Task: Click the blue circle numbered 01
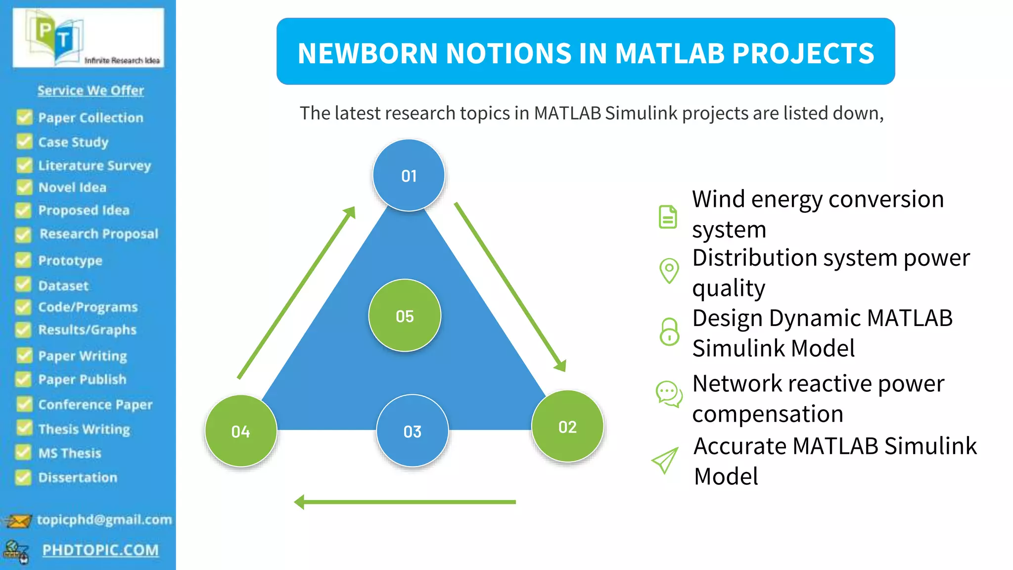click(x=409, y=175)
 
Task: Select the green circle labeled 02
click(x=567, y=427)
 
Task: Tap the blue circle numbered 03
click(x=412, y=431)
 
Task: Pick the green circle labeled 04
click(x=241, y=431)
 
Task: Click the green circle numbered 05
click(x=405, y=316)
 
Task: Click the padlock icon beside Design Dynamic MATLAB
click(x=669, y=332)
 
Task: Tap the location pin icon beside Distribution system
click(x=669, y=271)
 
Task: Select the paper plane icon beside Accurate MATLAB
click(x=665, y=461)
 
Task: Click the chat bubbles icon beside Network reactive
click(x=669, y=394)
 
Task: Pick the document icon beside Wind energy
click(x=668, y=217)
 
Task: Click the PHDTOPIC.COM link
click(x=100, y=550)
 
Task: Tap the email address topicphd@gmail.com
click(x=104, y=520)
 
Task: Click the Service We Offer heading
click(x=91, y=90)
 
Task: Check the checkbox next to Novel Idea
click(x=24, y=187)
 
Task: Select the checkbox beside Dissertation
click(x=23, y=477)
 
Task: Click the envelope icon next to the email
click(x=18, y=521)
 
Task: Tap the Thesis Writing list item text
click(x=84, y=428)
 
